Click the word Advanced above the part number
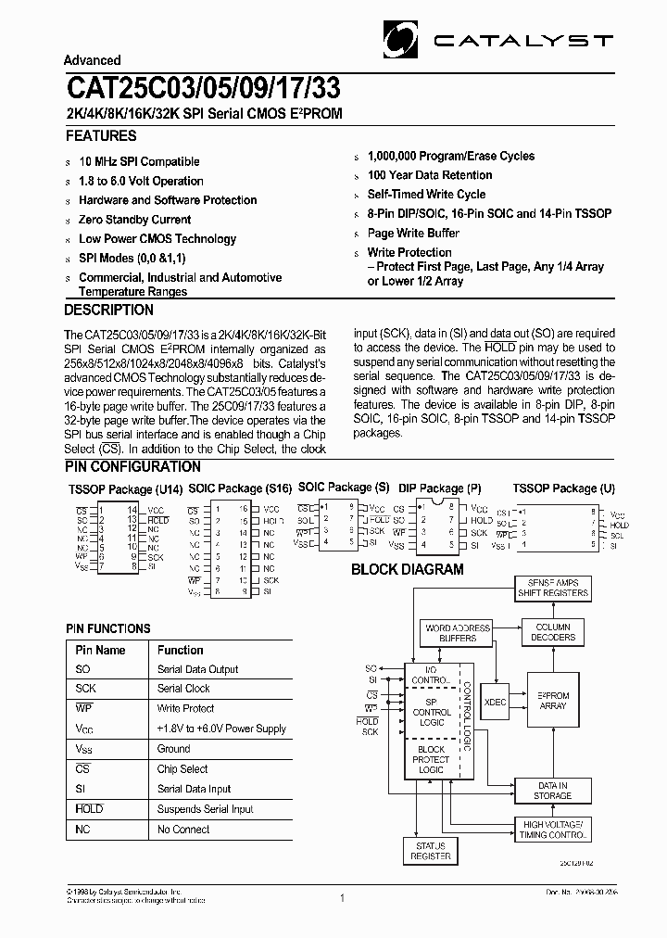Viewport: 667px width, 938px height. [x=93, y=60]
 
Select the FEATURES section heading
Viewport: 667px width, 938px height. [x=101, y=135]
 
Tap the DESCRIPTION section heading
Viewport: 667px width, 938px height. [x=109, y=310]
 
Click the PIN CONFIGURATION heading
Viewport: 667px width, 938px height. [x=133, y=466]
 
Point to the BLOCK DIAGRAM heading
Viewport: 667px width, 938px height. [x=407, y=569]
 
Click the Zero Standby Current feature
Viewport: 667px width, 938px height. [x=135, y=220]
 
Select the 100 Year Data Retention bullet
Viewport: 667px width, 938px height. [x=430, y=175]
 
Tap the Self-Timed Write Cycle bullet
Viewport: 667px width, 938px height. [x=426, y=195]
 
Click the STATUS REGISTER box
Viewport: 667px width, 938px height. [x=431, y=851]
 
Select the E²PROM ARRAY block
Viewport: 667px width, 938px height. [x=553, y=701]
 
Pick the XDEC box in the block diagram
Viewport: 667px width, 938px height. [x=496, y=703]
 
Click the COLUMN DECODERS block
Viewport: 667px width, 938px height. [x=554, y=632]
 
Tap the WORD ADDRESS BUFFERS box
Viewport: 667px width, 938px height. [x=458, y=633]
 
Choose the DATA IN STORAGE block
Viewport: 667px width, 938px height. [x=553, y=790]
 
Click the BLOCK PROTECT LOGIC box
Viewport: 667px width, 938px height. [x=431, y=759]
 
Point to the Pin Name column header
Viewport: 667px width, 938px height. [x=100, y=650]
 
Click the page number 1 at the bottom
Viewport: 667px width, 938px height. [x=342, y=898]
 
